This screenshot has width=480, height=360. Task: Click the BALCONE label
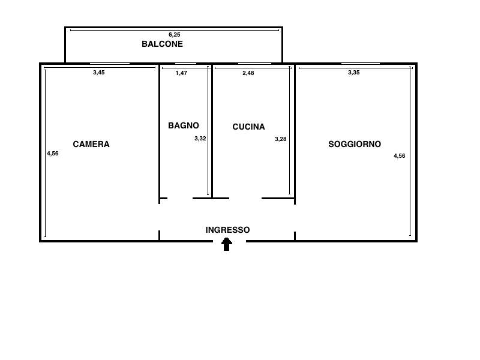pyautogui.click(x=162, y=44)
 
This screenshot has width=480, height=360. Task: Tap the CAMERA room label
pyautogui.click(x=91, y=144)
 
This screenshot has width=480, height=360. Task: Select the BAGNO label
pyautogui.click(x=184, y=125)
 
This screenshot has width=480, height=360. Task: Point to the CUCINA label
pyautogui.click(x=248, y=127)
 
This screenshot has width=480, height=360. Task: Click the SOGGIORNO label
pyautogui.click(x=355, y=144)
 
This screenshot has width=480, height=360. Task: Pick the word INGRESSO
pyautogui.click(x=227, y=230)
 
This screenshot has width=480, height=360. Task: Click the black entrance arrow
pyautogui.click(x=227, y=244)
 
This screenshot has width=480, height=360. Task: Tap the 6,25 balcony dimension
pyautogui.click(x=175, y=35)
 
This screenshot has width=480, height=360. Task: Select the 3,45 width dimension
pyautogui.click(x=99, y=73)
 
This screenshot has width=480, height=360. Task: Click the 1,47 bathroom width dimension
pyautogui.click(x=181, y=73)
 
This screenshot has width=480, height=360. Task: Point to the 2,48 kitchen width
pyautogui.click(x=248, y=73)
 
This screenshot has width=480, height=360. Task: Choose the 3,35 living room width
pyautogui.click(x=354, y=73)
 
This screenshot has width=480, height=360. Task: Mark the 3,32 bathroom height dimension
pyautogui.click(x=200, y=139)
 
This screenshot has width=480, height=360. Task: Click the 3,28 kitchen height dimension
pyautogui.click(x=280, y=139)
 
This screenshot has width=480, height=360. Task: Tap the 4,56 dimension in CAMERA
pyautogui.click(x=53, y=154)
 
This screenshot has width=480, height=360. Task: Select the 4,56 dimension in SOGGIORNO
pyautogui.click(x=400, y=156)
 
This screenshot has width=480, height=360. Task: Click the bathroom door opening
pyautogui.click(x=180, y=199)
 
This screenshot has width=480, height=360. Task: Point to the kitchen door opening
pyautogui.click(x=245, y=199)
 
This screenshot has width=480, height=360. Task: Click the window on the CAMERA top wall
pyautogui.click(x=110, y=64)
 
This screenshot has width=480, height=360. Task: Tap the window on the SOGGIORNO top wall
pyautogui.click(x=361, y=64)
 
